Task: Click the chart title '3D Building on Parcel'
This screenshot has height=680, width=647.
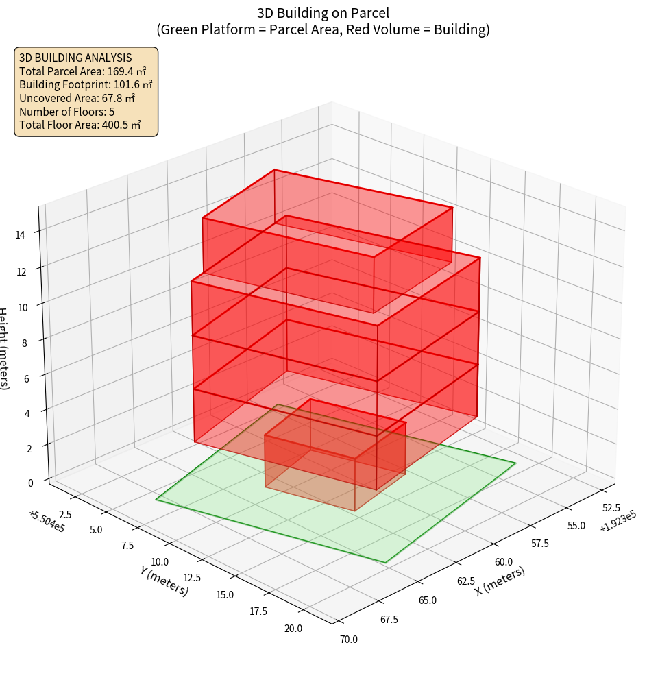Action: coord(323,12)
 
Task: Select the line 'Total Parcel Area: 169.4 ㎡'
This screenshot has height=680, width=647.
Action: coord(82,71)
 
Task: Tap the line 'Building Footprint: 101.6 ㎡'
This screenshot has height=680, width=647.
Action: coord(86,84)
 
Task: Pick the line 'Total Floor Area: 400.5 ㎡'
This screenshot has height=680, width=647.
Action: coord(80,125)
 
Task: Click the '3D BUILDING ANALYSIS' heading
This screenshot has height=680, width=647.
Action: coord(75,58)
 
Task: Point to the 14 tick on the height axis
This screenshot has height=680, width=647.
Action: coord(21,235)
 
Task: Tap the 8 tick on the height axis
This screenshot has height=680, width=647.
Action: coord(25,342)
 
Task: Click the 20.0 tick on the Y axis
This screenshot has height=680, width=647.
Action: coord(293,628)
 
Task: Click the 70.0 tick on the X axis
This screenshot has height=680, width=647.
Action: coord(348,640)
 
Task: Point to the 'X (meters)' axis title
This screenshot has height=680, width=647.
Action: coord(500,581)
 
